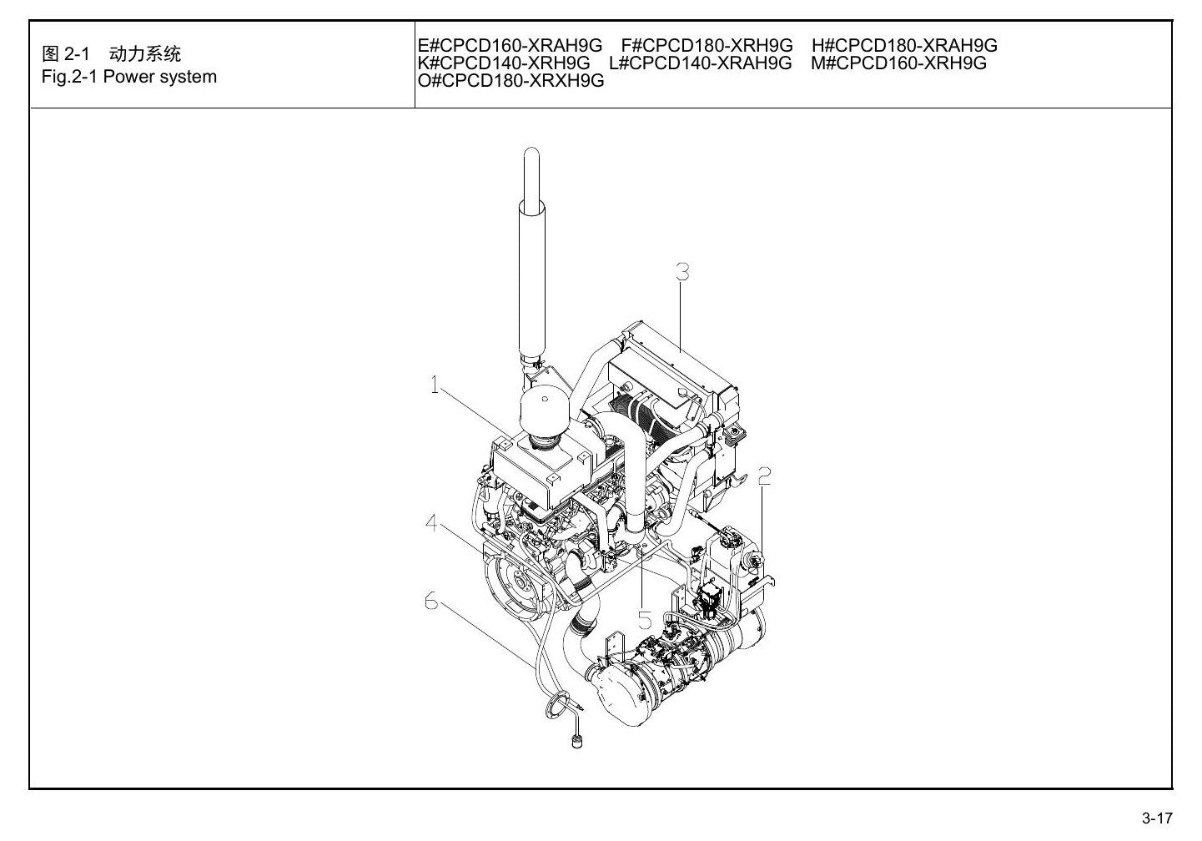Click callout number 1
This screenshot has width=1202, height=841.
(x=434, y=385)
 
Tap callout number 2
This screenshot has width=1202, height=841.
(x=764, y=476)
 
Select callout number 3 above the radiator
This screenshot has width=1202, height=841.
(x=682, y=272)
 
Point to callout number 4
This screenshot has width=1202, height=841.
(x=431, y=522)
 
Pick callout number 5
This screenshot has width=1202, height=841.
(x=645, y=620)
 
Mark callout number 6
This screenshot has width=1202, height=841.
(x=431, y=601)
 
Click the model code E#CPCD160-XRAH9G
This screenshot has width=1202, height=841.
(x=510, y=45)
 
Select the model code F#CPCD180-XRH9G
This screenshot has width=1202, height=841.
(x=707, y=45)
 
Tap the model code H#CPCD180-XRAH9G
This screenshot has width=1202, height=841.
(x=904, y=45)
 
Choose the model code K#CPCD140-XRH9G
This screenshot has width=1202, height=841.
(x=504, y=63)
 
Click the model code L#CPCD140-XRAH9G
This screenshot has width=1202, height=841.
(x=701, y=63)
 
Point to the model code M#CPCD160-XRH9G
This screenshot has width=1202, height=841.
(x=898, y=63)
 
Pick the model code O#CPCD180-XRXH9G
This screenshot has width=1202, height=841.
(x=510, y=80)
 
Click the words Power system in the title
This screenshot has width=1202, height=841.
(x=160, y=77)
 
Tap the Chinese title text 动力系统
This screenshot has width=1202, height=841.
(x=145, y=53)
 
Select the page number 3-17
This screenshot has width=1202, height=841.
(x=1157, y=818)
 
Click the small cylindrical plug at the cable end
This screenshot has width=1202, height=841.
(x=577, y=743)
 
